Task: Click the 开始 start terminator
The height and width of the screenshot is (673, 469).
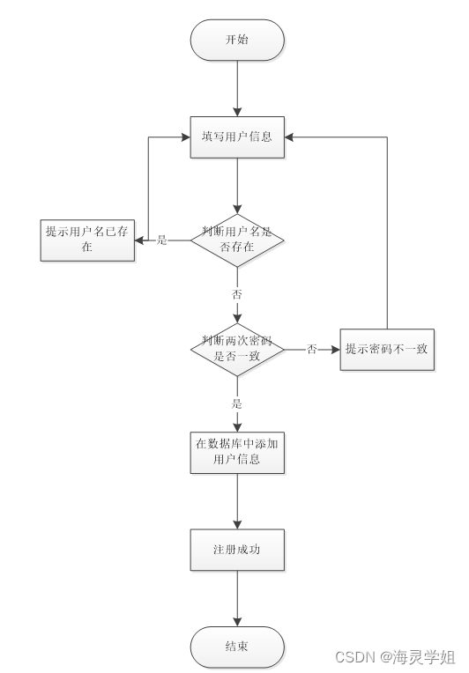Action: (x=237, y=41)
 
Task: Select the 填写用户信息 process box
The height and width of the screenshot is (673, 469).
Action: (x=237, y=137)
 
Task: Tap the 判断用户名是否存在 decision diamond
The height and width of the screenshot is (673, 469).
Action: (x=237, y=240)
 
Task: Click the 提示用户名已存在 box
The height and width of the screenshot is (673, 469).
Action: (x=87, y=240)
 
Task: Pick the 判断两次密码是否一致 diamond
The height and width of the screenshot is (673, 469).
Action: (x=237, y=349)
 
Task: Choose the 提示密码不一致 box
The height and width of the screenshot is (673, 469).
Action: (x=386, y=349)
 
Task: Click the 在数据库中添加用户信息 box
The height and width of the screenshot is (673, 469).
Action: (x=237, y=451)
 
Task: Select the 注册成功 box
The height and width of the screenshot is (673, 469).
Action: (x=237, y=550)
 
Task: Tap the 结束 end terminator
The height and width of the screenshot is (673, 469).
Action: (x=237, y=647)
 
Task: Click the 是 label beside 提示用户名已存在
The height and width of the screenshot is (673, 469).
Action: (x=162, y=240)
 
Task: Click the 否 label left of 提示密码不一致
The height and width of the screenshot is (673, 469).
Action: (x=311, y=349)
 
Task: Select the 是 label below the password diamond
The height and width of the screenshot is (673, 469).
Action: (x=237, y=403)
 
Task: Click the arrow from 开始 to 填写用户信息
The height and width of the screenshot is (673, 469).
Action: (x=237, y=89)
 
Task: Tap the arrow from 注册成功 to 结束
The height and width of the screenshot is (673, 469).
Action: (x=237, y=598)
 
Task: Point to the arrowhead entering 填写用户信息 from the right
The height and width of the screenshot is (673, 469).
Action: (x=290, y=137)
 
